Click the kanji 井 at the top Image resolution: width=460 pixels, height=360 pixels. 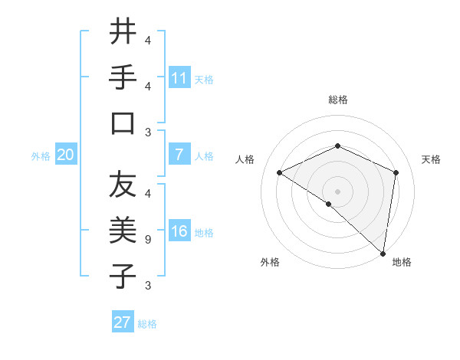(123, 31)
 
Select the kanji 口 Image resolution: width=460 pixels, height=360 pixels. (123, 123)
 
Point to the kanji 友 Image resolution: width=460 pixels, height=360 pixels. (123, 185)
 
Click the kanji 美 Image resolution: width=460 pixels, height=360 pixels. (123, 229)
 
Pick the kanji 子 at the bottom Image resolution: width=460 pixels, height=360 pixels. (123, 276)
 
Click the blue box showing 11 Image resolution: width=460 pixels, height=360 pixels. (179, 78)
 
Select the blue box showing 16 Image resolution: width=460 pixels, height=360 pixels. (179, 232)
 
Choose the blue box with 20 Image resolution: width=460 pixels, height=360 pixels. (66, 155)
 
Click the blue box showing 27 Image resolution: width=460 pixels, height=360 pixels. (123, 322)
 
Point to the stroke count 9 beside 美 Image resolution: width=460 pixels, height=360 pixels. (147, 240)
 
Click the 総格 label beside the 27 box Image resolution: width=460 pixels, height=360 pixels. (147, 324)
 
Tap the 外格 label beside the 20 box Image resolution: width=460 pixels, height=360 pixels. (41, 156)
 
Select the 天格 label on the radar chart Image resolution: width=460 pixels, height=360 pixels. (431, 159)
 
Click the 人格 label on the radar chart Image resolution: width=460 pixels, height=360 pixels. (245, 159)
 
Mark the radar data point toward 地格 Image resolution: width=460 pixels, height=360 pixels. (383, 252)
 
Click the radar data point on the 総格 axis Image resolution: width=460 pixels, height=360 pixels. (337, 146)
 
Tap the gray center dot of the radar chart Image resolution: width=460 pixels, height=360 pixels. (337, 191)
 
